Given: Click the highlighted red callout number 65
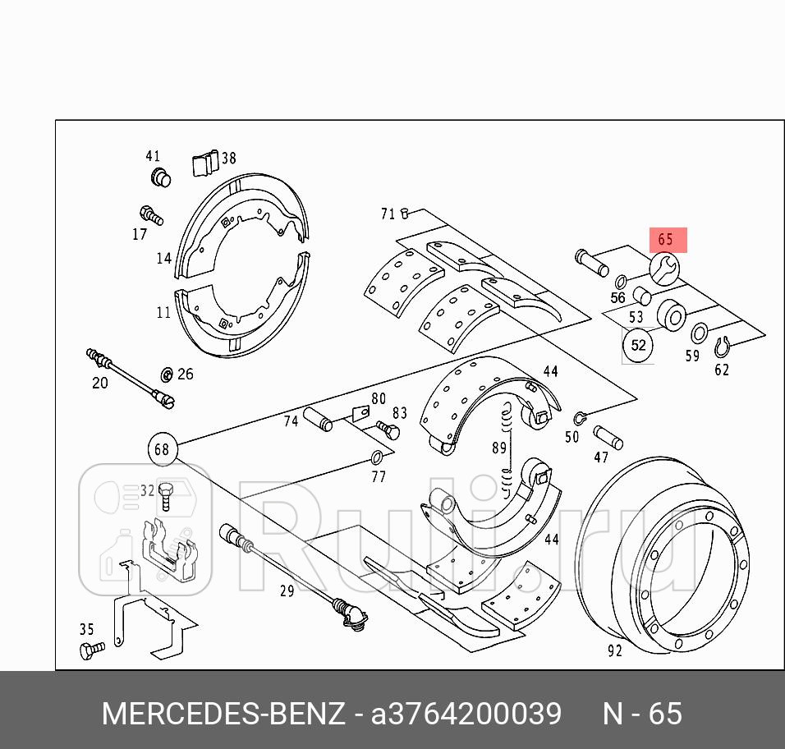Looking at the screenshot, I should [666, 241].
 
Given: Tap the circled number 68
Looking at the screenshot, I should [162, 448].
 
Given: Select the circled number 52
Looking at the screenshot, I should [638, 346].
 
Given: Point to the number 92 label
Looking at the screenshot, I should [615, 651].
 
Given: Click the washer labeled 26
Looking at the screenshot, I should [166, 374].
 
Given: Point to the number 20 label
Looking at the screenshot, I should [99, 383].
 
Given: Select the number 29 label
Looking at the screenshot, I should [287, 590].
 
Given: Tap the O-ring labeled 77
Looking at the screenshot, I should [378, 457].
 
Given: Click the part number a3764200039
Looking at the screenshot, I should [466, 714].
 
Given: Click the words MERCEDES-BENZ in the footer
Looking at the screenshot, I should [223, 714].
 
